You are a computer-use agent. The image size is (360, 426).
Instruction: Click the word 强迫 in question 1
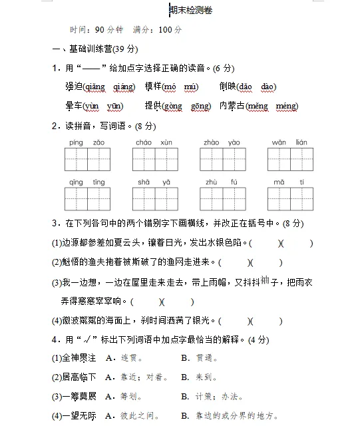[73, 87]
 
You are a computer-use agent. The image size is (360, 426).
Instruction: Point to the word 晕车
[73, 106]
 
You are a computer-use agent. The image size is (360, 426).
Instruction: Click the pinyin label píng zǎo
[87, 142]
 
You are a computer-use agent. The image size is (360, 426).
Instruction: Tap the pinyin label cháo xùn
[154, 142]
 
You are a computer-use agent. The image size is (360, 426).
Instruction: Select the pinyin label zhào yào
[222, 142]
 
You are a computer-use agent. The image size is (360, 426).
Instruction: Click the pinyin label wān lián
[289, 142]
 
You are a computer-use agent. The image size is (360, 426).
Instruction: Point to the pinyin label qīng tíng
[87, 182]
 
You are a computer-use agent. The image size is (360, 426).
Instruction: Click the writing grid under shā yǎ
[154, 199]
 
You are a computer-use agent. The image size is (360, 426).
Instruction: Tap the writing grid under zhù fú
[222, 199]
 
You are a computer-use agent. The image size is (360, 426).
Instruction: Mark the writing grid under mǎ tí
[290, 199]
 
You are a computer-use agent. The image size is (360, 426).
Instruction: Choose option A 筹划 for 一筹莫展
[130, 397]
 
